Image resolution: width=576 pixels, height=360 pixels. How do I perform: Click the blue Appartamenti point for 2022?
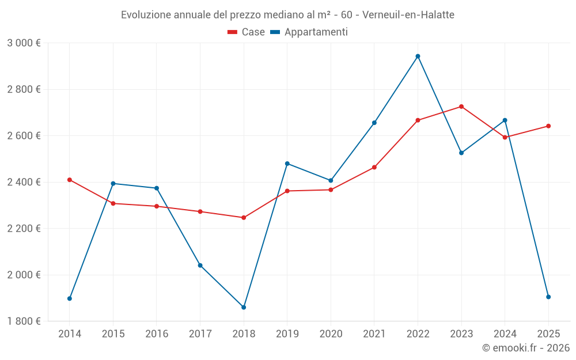418,56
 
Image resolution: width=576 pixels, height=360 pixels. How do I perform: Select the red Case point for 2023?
461,107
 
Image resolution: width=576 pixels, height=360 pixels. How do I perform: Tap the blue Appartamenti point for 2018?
244,308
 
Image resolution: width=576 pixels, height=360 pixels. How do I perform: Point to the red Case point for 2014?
70,180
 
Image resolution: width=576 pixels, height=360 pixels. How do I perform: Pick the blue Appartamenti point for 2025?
548,297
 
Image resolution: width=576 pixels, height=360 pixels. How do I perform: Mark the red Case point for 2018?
244,218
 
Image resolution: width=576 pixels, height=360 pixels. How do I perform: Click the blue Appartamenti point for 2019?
287,164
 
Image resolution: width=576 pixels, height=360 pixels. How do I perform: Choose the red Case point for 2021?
374,168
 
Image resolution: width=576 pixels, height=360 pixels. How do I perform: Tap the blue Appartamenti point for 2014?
70,298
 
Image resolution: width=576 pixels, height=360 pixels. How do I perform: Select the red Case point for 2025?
548,126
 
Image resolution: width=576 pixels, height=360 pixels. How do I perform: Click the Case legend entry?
247,32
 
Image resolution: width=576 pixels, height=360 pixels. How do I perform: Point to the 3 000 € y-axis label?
24,43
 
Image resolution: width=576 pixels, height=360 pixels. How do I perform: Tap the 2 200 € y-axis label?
24,229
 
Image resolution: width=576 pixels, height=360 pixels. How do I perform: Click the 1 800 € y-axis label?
24,321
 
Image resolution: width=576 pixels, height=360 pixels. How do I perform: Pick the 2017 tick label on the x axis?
200,334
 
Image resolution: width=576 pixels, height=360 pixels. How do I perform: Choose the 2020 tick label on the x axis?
331,334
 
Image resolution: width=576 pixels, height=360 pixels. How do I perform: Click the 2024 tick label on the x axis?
505,334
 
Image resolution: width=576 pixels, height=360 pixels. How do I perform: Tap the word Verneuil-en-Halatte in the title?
408,15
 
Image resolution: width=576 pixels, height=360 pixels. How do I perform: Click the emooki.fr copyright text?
526,348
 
